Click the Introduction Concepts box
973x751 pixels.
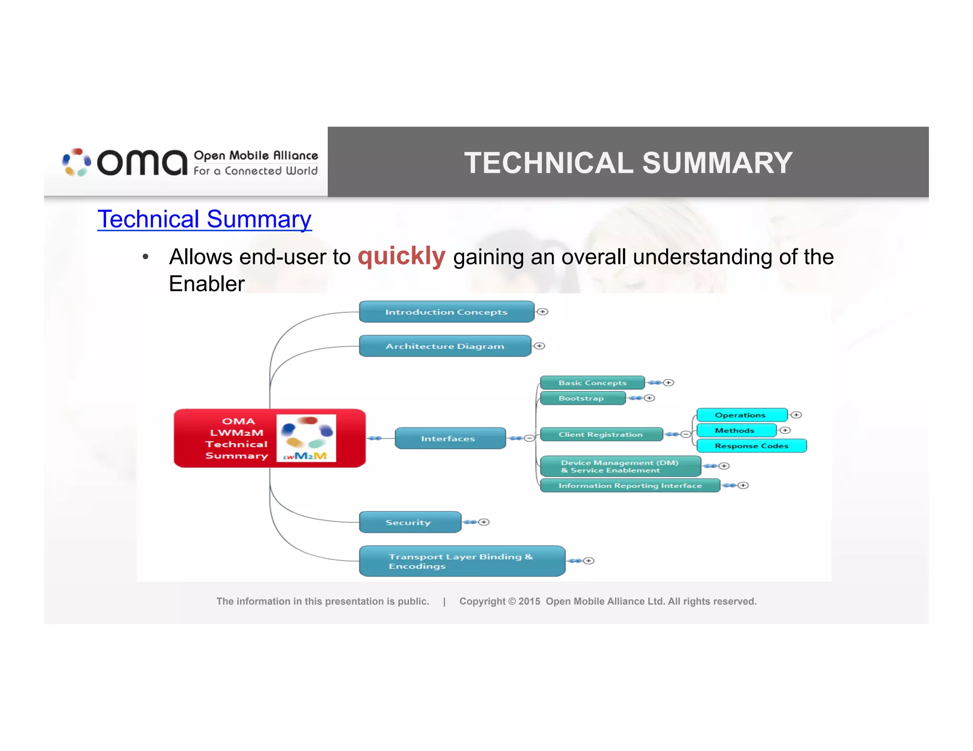click(447, 312)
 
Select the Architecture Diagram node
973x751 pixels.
click(445, 346)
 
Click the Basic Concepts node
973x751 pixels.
click(592, 383)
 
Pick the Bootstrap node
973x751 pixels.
click(582, 398)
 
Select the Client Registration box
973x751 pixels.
click(601, 434)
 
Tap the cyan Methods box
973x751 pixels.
click(735, 431)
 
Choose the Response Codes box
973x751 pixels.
click(751, 446)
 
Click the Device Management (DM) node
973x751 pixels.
click(620, 466)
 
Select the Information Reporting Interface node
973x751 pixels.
click(630, 485)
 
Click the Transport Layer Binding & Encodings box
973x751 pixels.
click(461, 561)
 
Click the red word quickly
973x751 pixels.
click(401, 256)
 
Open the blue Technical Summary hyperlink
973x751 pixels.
click(204, 219)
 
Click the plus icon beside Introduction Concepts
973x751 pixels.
click(543, 312)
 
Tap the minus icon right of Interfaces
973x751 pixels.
click(529, 438)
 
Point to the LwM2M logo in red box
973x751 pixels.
click(306, 438)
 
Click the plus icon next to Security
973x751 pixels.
click(484, 522)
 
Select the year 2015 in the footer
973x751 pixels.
click(529, 601)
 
